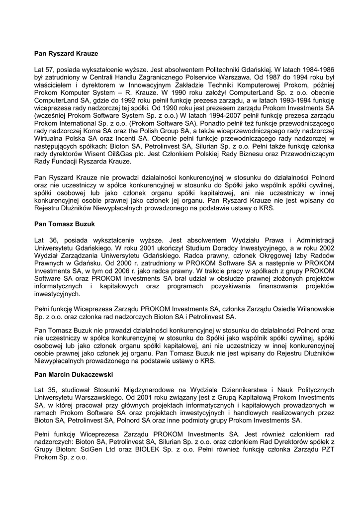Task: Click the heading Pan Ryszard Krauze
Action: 66,52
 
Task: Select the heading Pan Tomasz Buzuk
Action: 65,224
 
